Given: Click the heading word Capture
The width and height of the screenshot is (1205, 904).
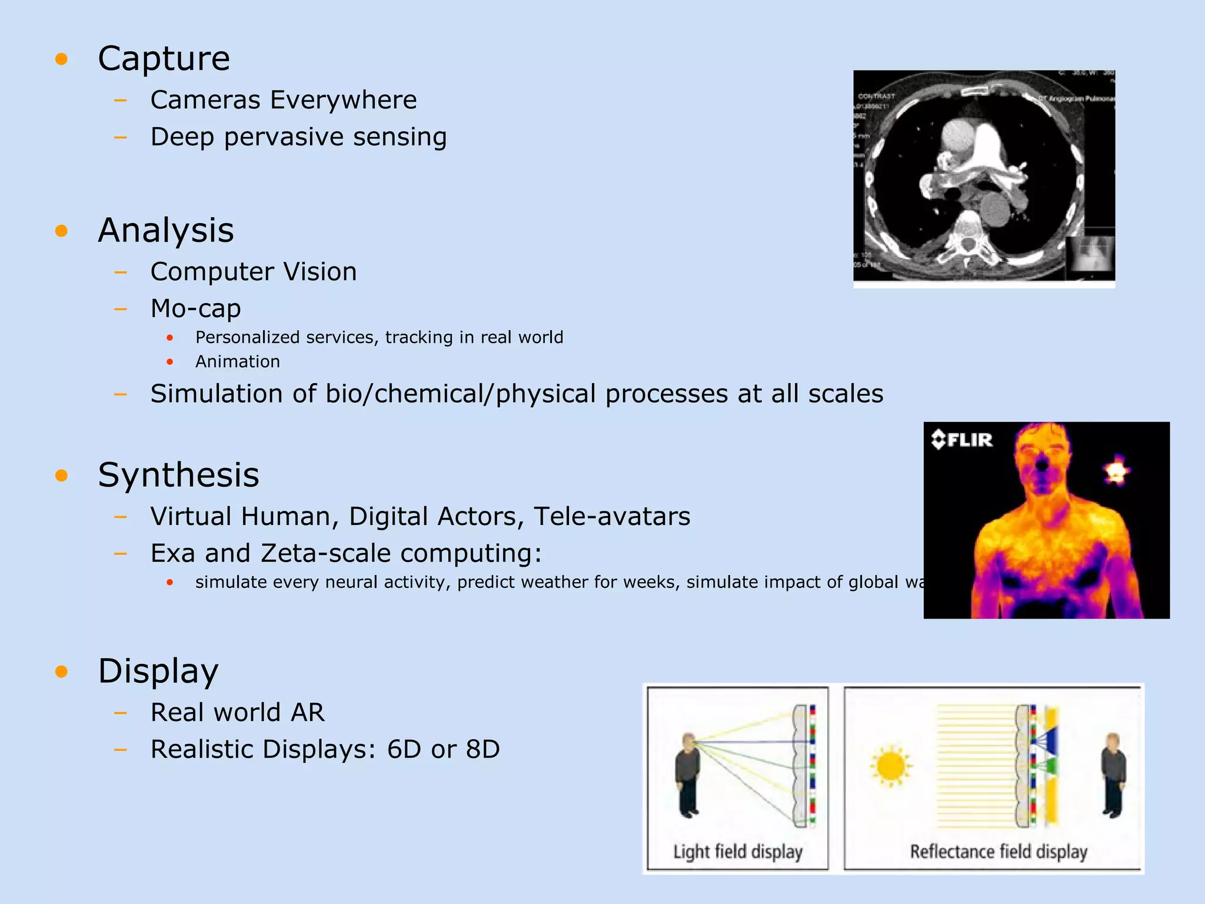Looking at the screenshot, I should click(x=164, y=59).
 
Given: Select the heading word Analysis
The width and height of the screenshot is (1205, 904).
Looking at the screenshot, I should click(x=166, y=231).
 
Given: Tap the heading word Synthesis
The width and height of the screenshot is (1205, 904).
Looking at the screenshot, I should click(x=178, y=475).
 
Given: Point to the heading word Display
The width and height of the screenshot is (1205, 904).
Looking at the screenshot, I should click(x=158, y=671).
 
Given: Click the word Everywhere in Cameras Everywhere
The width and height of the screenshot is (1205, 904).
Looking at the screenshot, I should click(x=344, y=100).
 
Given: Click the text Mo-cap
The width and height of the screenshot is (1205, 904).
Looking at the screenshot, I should click(x=195, y=308).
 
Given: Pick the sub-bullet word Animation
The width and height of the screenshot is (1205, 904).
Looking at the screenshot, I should click(x=237, y=361).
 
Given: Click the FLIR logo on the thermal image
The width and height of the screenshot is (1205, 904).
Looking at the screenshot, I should click(x=962, y=440).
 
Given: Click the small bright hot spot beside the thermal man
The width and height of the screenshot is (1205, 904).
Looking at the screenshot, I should click(x=1116, y=471).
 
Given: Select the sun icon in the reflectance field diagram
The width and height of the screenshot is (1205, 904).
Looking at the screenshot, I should click(x=891, y=766).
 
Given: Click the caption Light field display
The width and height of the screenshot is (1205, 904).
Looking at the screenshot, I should click(x=738, y=852).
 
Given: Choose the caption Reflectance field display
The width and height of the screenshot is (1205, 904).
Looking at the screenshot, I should click(x=998, y=852).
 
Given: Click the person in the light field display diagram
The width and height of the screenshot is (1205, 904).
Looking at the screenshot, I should click(x=688, y=775).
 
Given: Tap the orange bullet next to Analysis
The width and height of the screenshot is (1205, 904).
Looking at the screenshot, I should click(x=61, y=231).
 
